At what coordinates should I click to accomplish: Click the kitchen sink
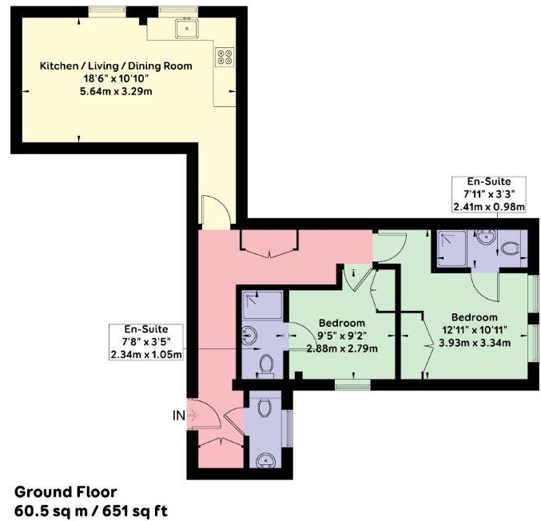[x=187, y=28]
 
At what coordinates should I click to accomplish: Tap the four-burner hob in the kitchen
[x=225, y=57]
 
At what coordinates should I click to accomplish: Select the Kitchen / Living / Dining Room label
[x=116, y=66]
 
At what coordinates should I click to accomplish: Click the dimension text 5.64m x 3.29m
[x=116, y=91]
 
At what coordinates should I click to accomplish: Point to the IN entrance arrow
[x=192, y=415]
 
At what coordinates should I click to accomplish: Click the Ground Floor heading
[x=66, y=491]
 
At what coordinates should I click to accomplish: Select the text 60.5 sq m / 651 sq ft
[x=91, y=511]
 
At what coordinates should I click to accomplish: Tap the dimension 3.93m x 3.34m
[x=475, y=343]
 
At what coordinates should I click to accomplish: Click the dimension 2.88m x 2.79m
[x=342, y=348]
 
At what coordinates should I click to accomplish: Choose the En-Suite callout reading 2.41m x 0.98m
[x=489, y=194]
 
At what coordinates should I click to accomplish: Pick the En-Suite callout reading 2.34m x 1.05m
[x=146, y=341]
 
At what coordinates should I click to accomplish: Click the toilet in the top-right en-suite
[x=511, y=248]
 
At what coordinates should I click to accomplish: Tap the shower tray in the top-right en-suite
[x=451, y=249]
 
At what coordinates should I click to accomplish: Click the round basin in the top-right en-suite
[x=487, y=237]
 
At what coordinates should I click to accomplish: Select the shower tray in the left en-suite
[x=262, y=305]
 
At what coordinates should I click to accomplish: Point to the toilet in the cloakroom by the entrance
[x=265, y=408]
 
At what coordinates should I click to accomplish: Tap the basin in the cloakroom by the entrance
[x=266, y=460]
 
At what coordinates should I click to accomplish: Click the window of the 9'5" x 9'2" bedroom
[x=352, y=384]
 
